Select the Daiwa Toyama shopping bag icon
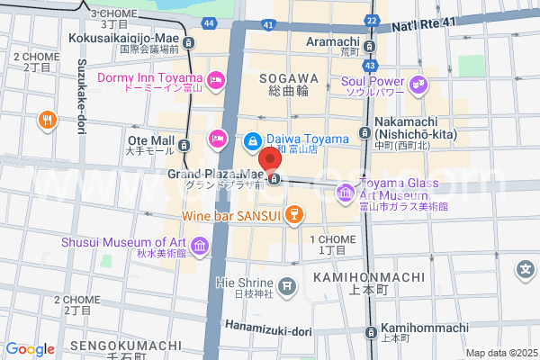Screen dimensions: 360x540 [x=253, y=140]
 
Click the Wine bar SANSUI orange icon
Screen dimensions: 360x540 [x=292, y=214]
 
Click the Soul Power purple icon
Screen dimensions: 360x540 [x=418, y=85]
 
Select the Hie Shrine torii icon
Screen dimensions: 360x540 [x=286, y=286]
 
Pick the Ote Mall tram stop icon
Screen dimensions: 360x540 [x=184, y=145]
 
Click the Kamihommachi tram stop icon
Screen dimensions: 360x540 [x=370, y=332]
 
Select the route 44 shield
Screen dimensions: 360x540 [x=209, y=22]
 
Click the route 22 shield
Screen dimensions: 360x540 [x=372, y=20]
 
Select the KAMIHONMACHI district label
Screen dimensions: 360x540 [x=355, y=278]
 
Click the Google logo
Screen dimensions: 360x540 [x=30, y=349]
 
